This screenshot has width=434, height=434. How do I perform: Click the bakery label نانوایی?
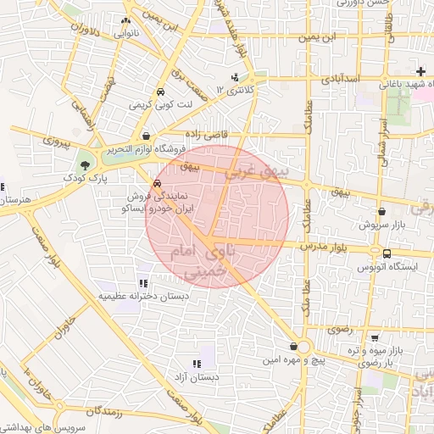(124, 34)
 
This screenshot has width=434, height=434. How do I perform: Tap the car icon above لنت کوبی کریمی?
(159, 92)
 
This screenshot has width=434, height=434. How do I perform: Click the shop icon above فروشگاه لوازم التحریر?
(147, 135)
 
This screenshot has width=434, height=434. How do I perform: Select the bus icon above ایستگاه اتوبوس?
(387, 253)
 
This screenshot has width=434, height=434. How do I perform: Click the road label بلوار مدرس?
(324, 245)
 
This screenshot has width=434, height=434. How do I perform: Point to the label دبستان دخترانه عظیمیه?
(142, 297)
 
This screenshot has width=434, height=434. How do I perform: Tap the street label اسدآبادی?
(341, 79)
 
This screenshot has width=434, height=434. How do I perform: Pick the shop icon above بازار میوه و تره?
(373, 337)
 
